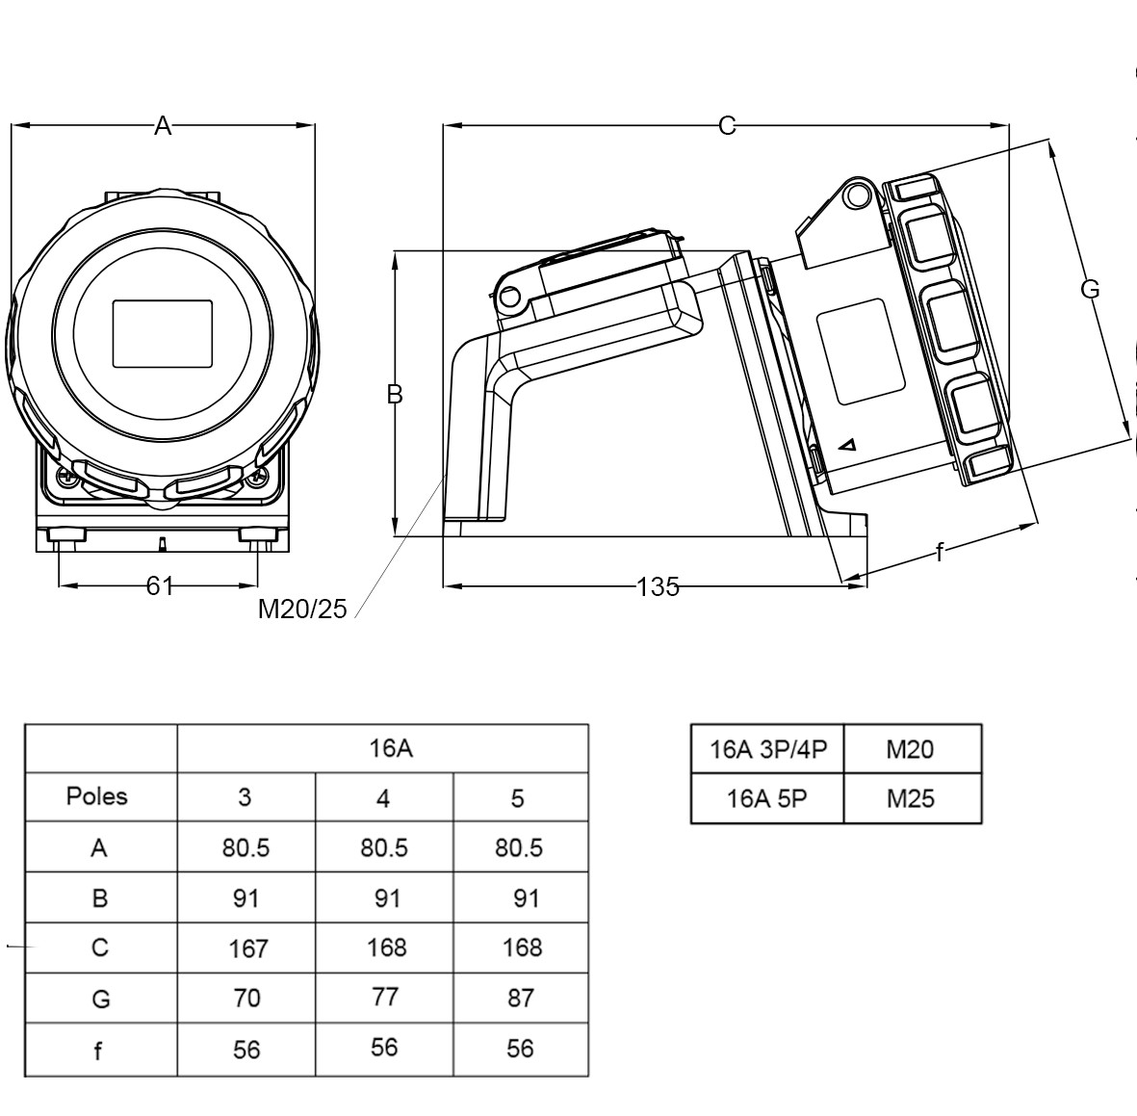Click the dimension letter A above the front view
[163, 125]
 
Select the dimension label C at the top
[727, 125]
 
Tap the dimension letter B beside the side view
[394, 394]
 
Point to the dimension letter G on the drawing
[1090, 289]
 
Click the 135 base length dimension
[658, 586]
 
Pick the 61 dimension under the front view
[160, 585]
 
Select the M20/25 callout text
[301, 610]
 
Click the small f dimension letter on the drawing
[940, 553]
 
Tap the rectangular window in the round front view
[163, 334]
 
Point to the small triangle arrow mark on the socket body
[848, 445]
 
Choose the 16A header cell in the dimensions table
[383, 748]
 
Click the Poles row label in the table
[96, 796]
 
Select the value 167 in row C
[247, 948]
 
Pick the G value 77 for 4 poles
[384, 997]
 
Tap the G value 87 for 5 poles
[520, 998]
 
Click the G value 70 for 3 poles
[246, 998]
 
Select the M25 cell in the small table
[911, 798]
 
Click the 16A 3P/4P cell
[768, 749]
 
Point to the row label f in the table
[98, 1051]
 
